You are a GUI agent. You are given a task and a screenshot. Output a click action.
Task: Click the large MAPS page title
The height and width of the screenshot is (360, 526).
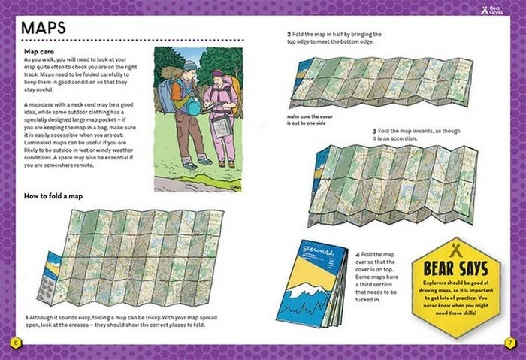click(x=44, y=27)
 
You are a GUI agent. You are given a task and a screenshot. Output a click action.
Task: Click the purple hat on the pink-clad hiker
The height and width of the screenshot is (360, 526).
click(x=218, y=75)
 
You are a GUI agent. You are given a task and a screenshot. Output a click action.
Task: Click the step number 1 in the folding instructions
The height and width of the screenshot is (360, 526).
click(x=27, y=317)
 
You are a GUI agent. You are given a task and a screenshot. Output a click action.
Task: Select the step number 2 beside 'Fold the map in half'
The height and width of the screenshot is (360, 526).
click(x=289, y=35)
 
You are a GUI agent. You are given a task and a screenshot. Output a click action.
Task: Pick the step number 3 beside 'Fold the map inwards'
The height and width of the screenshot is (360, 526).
click(x=374, y=131)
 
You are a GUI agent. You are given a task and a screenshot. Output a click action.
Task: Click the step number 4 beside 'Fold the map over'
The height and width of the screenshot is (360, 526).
click(x=356, y=256)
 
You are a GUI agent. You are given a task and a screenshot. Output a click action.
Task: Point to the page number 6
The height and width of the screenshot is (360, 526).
click(x=14, y=343)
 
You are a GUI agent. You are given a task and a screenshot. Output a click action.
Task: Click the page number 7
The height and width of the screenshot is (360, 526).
click(x=510, y=343)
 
